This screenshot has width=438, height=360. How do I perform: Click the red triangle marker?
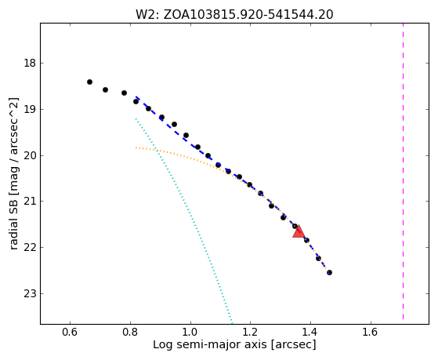click(x=299, y=232)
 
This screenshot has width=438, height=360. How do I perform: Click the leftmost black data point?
click(x=89, y=82)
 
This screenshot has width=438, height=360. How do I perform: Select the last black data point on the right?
click(x=329, y=272)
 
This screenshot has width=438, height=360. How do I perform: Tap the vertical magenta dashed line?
click(x=403, y=171)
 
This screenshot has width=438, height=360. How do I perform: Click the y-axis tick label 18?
click(x=30, y=63)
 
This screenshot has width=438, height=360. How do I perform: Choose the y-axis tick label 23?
click(x=30, y=293)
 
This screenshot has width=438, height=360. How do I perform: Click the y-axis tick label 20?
click(x=30, y=155)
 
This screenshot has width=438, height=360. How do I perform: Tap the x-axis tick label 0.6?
click(x=70, y=332)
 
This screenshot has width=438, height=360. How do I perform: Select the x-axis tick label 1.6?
click(x=371, y=332)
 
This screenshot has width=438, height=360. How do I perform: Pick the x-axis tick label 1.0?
click(x=190, y=332)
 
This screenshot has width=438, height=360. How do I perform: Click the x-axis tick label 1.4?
click(x=310, y=332)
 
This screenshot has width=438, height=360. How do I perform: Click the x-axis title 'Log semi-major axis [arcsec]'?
click(x=234, y=344)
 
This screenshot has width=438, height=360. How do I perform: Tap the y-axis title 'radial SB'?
click(x=14, y=217)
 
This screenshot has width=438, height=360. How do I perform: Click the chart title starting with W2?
click(x=234, y=15)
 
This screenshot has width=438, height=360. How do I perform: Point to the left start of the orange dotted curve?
click(x=136, y=147)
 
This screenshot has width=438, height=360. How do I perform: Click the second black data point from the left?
click(x=105, y=89)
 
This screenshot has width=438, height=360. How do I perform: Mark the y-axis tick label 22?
click(x=30, y=248)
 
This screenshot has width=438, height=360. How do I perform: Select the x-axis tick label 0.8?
click(x=130, y=332)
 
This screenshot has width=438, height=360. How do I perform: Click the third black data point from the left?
click(x=124, y=93)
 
